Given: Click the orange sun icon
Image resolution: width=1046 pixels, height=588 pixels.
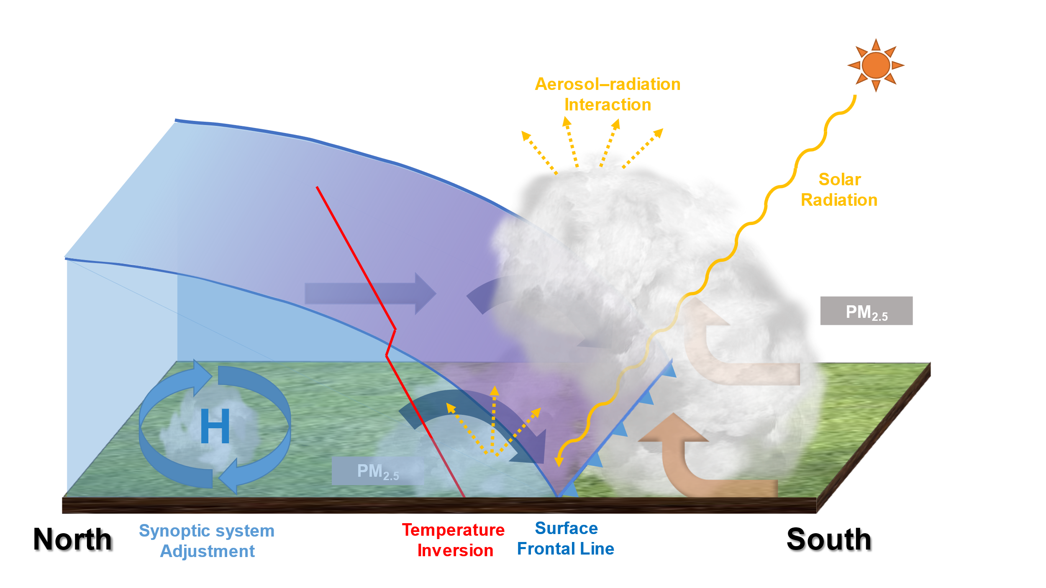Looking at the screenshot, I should coord(876,65).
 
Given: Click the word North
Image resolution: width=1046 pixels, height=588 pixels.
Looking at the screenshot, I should coord(73,539).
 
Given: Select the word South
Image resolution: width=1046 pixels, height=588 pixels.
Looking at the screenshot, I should coord(829,539).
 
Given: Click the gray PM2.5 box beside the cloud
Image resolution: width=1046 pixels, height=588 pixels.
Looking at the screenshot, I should coord(866,311).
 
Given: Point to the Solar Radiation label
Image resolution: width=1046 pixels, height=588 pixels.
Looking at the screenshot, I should coord(839,190).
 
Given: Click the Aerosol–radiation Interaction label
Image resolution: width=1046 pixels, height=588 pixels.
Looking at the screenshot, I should coord(608,95).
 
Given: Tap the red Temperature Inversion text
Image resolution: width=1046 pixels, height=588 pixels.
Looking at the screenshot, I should coord(454,540).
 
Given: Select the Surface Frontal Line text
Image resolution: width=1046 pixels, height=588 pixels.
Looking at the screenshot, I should coord(566,539).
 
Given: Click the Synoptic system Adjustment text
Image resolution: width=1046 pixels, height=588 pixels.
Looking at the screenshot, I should coord(207,541).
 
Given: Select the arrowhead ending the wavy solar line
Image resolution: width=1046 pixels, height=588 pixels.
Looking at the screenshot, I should coord(559,462).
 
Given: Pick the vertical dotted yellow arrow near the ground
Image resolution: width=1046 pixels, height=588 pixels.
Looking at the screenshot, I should coord(494,418).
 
